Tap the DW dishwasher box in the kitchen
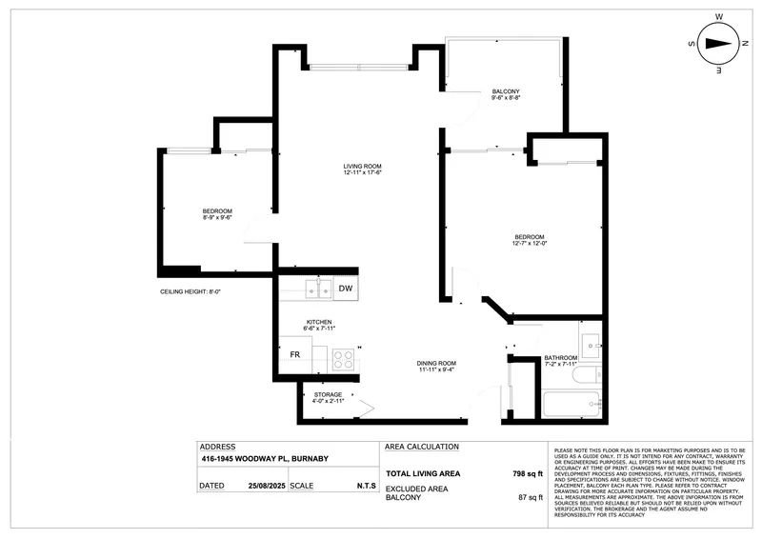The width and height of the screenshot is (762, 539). tap(346, 289)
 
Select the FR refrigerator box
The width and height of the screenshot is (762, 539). tap(296, 355)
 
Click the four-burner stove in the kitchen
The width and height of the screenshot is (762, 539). tap(342, 360)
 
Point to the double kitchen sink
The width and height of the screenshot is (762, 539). tap(317, 288)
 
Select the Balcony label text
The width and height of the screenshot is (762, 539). tap(505, 90)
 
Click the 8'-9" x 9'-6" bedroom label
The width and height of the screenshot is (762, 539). tap(217, 214)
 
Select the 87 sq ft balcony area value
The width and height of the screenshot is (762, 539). tap(528, 497)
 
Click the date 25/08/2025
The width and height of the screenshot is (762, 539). tap(267, 486)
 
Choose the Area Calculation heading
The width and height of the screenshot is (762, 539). tap(422, 447)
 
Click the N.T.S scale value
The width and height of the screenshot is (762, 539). tap(366, 486)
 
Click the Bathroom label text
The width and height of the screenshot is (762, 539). tap(561, 359)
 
